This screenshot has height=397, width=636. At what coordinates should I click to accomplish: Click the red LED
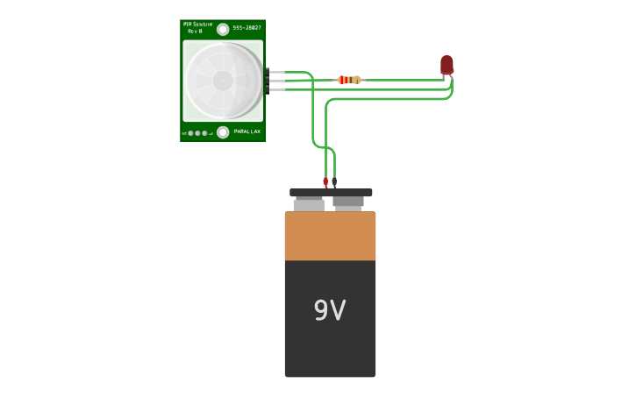[x=447, y=65]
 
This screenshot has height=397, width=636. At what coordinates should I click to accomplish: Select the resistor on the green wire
[x=349, y=80]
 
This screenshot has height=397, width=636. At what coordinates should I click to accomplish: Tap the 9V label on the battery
[x=330, y=310]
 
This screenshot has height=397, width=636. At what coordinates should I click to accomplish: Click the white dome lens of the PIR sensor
[x=223, y=81]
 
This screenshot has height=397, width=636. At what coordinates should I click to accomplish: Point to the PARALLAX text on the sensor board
[x=247, y=132]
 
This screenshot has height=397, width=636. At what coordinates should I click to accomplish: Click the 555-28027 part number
[x=247, y=28]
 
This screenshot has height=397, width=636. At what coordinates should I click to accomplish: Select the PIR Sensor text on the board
[x=198, y=25]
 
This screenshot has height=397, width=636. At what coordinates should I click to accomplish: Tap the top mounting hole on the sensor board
[x=223, y=29]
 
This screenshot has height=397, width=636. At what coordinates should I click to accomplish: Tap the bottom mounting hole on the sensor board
[x=223, y=132]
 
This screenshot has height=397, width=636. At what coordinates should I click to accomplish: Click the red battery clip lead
[x=325, y=181]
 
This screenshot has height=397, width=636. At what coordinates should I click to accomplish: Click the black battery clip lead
[x=333, y=181]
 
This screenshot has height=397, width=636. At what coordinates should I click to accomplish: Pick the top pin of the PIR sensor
[x=275, y=72]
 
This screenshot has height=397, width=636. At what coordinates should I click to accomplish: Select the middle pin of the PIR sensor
[x=275, y=81]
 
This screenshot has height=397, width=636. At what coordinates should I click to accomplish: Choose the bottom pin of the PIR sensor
[x=275, y=89]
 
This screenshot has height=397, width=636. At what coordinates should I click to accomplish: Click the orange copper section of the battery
[x=330, y=236]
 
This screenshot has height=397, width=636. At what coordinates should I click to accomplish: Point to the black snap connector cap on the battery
[x=331, y=192]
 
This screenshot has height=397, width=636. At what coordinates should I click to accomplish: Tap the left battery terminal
[x=308, y=205]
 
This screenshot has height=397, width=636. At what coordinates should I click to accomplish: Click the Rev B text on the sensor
[x=195, y=32]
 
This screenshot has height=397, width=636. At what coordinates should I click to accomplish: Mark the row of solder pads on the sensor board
[x=197, y=133]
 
